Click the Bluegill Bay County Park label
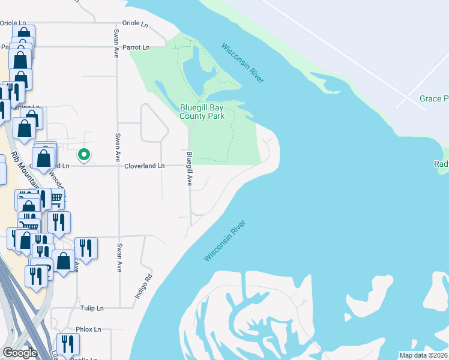[x=202, y=112]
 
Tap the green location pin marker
[x=85, y=155]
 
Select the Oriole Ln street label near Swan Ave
[x=135, y=25]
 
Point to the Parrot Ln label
[x=135, y=47]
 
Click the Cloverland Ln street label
[x=144, y=166]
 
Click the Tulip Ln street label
[x=92, y=308]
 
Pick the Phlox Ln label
[x=88, y=329]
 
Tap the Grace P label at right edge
[x=433, y=98]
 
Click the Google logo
[x=19, y=353]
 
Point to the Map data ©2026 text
[x=424, y=355]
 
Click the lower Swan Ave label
[x=119, y=257]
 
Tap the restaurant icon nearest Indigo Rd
[x=85, y=248]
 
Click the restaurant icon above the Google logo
[x=67, y=344]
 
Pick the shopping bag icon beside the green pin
[x=44, y=159]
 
